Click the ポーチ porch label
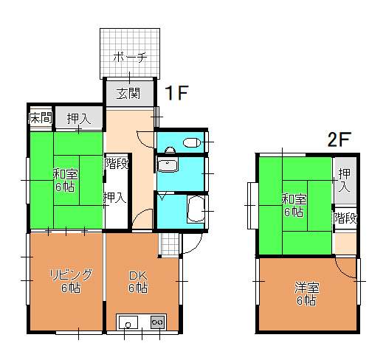(130, 57)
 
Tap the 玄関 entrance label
(128, 94)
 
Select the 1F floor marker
(176, 93)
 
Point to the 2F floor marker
(339, 139)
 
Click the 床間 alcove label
(41, 117)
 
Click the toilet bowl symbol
(191, 142)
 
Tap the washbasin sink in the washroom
(167, 165)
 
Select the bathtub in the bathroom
(196, 210)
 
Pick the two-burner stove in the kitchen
(157, 322)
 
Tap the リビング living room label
(71, 274)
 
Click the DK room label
(138, 275)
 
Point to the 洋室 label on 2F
(307, 288)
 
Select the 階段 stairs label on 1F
(117, 163)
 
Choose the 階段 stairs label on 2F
(345, 218)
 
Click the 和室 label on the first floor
(66, 174)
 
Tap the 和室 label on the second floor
(294, 199)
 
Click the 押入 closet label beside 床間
(79, 119)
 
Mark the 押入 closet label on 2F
(344, 180)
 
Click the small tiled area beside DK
(170, 244)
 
